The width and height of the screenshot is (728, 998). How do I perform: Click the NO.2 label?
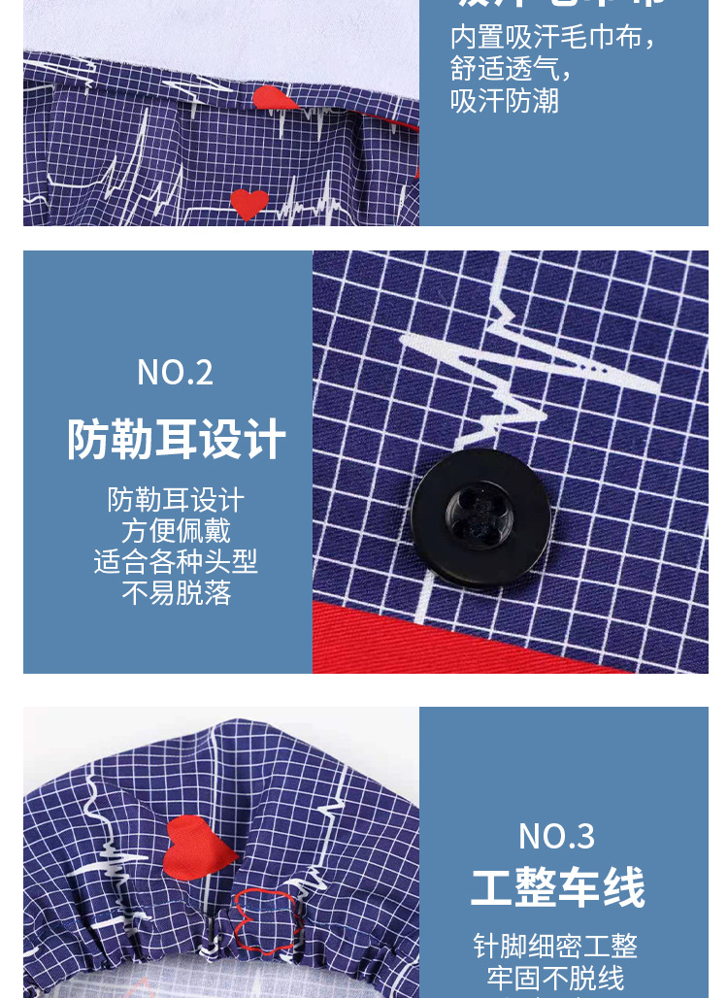click(x=175, y=373)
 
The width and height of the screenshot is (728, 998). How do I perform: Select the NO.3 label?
click(x=556, y=836)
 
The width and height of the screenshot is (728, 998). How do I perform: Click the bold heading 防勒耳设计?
click(x=176, y=440)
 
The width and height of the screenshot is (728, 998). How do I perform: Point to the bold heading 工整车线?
click(x=557, y=888)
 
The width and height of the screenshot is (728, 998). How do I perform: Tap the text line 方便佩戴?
click(x=176, y=531)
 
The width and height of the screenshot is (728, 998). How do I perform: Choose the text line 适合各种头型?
click(x=176, y=562)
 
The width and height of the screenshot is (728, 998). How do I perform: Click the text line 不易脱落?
click(x=176, y=593)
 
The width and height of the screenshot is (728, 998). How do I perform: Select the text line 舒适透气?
click(x=511, y=69)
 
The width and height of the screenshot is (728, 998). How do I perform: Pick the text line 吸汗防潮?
click(x=505, y=100)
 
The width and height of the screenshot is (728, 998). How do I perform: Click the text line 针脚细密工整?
click(x=555, y=946)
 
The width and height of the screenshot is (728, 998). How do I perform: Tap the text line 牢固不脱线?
click(x=555, y=977)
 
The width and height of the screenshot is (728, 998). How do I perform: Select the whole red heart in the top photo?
click(x=249, y=204)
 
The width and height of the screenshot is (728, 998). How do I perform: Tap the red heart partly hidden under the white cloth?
click(x=276, y=98)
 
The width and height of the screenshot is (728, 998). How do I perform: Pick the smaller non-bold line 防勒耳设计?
click(x=176, y=500)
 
